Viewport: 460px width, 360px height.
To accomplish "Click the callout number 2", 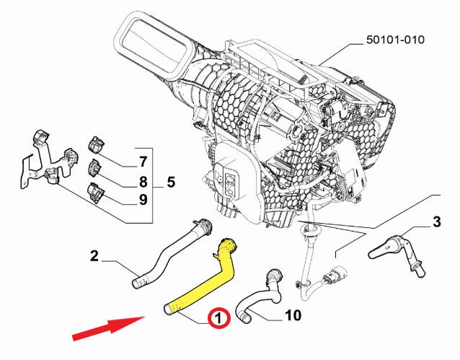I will [x=94, y=255].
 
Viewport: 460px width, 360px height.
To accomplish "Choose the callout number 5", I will [x=170, y=182].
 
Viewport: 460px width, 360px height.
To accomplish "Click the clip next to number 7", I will [x=97, y=145].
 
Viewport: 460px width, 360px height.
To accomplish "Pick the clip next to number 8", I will [x=95, y=170].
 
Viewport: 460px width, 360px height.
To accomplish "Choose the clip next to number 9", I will [x=95, y=192].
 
